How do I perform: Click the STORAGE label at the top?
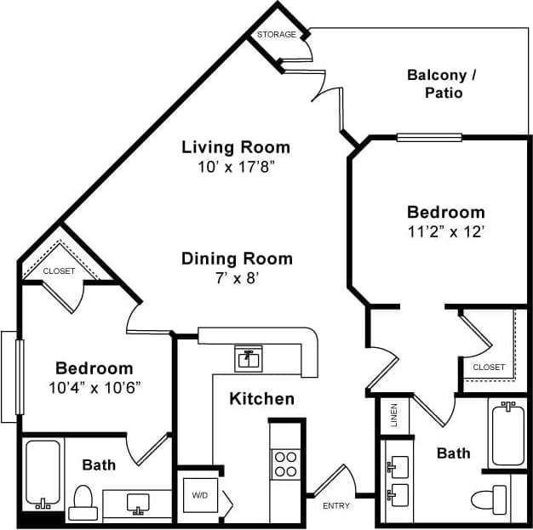coord(277,35)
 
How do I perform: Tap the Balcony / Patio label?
coord(442,83)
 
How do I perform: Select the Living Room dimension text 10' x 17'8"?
coord(236,167)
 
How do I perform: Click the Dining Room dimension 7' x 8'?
coord(237,278)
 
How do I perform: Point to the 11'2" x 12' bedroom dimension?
coord(445,231)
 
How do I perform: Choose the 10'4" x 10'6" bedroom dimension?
coord(95,387)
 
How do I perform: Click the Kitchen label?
coord(261,399)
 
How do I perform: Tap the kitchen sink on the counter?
coord(249,359)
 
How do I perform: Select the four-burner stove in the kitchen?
coord(284,464)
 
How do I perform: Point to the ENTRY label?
coord(336,506)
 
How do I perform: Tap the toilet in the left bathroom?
coord(83,502)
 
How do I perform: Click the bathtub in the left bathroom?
coord(42,471)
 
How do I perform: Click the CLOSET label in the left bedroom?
coord(60,271)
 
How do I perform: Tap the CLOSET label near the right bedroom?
coord(489,368)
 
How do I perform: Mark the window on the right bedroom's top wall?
coord(429,137)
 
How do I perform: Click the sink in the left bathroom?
coord(137,503)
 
